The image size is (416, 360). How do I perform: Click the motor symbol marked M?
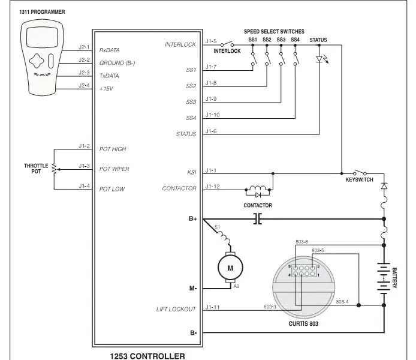(230, 268)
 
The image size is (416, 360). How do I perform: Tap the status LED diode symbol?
(319, 59)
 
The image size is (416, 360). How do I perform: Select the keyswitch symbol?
(360, 172)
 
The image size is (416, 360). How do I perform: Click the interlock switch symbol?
(227, 44)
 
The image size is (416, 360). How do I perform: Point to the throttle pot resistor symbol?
(54, 169)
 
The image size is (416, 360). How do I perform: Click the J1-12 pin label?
(213, 187)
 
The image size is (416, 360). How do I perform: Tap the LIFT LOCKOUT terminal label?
(176, 309)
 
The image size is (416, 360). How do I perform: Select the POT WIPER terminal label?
(114, 169)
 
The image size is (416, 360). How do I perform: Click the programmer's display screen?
(42, 37)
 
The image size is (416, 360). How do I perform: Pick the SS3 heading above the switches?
(281, 40)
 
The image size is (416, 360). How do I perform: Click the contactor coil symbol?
(258, 188)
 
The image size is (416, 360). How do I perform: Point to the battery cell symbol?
(384, 278)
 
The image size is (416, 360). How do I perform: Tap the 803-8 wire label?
(302, 242)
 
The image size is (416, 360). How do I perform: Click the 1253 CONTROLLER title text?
(147, 356)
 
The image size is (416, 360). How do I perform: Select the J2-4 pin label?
(84, 85)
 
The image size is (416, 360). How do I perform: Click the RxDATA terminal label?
(109, 50)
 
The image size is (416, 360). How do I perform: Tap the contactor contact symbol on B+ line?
(257, 219)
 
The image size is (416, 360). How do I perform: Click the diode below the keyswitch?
(384, 186)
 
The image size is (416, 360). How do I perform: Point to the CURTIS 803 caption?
(303, 323)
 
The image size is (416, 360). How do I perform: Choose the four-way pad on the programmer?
(37, 61)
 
